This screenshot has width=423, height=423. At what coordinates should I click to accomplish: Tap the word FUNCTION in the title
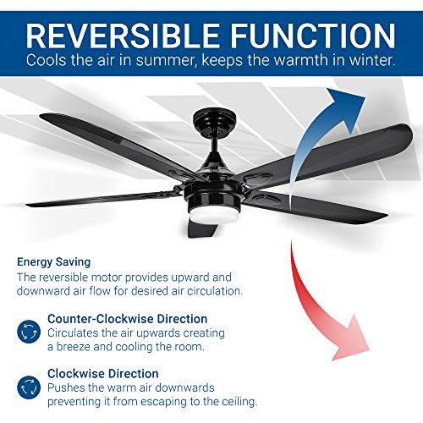pos(303,35)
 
